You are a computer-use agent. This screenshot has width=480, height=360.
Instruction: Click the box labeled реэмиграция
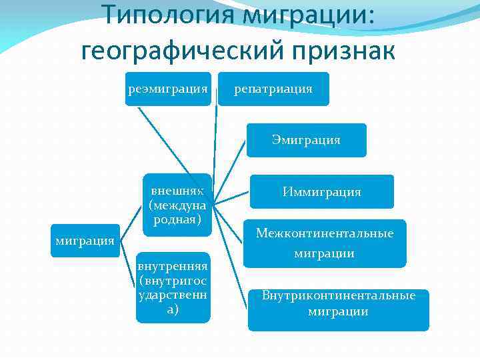click(x=169, y=89)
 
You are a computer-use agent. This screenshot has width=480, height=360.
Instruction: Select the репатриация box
click(x=273, y=89)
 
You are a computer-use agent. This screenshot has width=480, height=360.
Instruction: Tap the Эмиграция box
click(x=306, y=140)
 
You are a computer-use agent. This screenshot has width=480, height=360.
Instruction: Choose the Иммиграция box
click(x=321, y=192)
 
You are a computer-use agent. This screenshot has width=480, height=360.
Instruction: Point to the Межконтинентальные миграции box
click(x=325, y=243)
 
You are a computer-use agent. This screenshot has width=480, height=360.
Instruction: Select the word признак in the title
click(x=347, y=49)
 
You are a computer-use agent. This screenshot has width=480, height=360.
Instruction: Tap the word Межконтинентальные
click(x=325, y=233)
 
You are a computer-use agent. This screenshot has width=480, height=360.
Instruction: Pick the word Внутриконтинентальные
click(x=338, y=295)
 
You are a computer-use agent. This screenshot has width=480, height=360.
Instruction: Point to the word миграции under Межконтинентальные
click(x=325, y=253)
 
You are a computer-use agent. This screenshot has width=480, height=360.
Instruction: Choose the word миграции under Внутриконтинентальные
click(x=338, y=311)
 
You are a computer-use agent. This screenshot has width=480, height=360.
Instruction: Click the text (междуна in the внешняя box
click(x=177, y=204)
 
